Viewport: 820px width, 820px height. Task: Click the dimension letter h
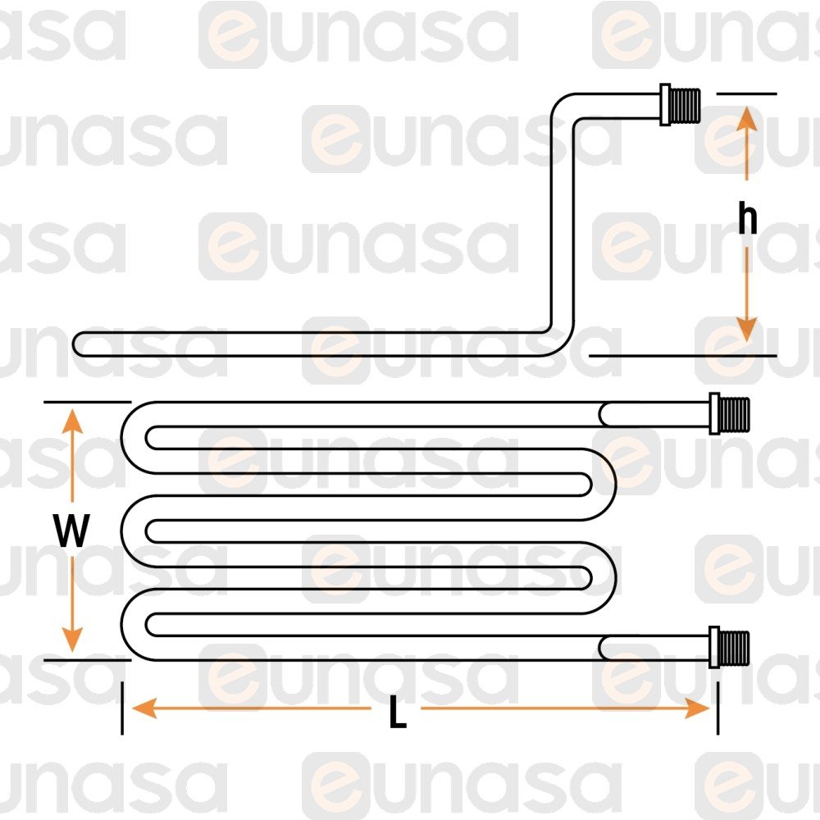(746, 220)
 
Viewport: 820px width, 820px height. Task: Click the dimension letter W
(72, 532)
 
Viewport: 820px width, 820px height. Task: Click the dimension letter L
(397, 716)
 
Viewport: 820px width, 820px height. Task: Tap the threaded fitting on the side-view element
(681, 104)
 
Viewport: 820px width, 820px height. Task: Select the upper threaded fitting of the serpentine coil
(731, 413)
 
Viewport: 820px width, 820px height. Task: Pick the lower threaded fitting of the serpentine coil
(731, 646)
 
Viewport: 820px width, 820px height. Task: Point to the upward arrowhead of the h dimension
(746, 119)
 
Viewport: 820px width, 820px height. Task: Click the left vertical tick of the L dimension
(121, 707)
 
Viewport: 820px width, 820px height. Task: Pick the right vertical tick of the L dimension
(717, 707)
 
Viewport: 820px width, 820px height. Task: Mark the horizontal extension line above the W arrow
(86, 402)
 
